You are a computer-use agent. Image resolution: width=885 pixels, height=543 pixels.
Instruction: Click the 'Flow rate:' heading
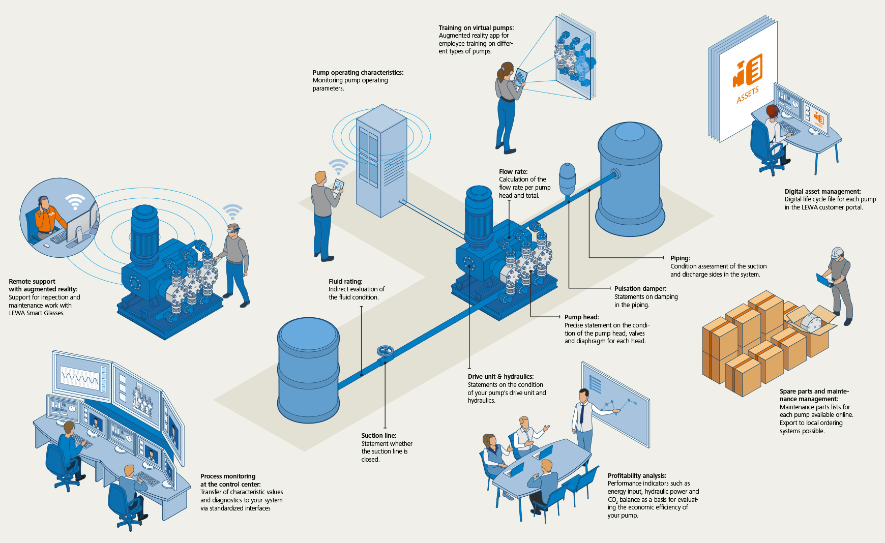point(513,172)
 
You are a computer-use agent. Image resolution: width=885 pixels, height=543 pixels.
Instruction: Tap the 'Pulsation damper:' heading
point(640,289)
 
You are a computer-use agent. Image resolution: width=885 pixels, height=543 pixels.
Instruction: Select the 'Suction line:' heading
point(378,436)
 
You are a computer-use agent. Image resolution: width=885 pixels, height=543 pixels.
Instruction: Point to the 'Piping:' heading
point(680,258)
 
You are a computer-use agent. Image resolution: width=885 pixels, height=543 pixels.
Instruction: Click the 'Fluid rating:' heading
point(345,282)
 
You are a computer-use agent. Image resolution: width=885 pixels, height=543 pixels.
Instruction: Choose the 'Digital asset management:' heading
point(822,192)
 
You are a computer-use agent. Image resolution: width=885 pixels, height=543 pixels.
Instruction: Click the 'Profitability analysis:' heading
point(636,476)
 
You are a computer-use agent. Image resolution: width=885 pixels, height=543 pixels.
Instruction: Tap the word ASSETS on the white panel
point(747,95)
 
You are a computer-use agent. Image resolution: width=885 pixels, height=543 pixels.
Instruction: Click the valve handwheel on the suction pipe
point(385,351)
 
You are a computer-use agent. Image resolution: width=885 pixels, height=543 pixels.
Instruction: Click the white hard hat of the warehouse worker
point(837,252)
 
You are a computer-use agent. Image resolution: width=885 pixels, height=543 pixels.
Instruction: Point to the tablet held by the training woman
point(521,76)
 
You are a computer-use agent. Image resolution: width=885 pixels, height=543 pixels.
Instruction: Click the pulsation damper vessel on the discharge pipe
point(567,177)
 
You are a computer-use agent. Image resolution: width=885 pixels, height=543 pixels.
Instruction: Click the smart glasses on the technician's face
point(233,231)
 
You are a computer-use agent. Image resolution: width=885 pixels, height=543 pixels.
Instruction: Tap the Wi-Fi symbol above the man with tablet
point(338,166)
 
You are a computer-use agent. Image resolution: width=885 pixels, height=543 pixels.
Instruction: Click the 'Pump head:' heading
point(581,317)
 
